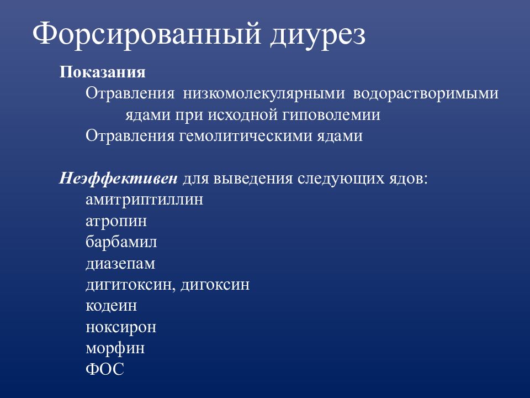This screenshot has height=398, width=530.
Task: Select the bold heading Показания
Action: pyautogui.click(x=102, y=72)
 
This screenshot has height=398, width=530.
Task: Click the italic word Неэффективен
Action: pyautogui.click(x=119, y=179)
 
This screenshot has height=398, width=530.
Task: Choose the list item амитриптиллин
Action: pyautogui.click(x=145, y=200)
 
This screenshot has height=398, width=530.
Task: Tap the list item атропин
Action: pyautogui.click(x=116, y=222)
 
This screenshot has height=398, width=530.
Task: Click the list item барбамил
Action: pyautogui.click(x=121, y=243)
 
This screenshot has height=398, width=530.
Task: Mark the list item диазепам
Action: pyautogui.click(x=120, y=264)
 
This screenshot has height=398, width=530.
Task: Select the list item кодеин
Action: pyautogui.click(x=112, y=306)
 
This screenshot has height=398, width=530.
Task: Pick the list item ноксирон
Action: pyautogui.click(x=121, y=328)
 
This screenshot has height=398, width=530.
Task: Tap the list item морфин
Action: pyautogui.click(x=115, y=349)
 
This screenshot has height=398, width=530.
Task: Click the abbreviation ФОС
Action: pyautogui.click(x=105, y=370)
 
